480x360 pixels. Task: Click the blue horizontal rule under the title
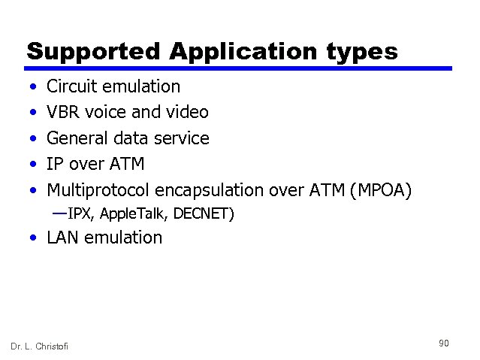240,68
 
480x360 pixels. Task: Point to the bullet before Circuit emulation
30,87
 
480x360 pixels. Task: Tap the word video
188,113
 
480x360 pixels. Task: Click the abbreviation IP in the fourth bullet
56,165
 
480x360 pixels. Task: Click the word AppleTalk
133,214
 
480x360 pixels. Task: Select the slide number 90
443,343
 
